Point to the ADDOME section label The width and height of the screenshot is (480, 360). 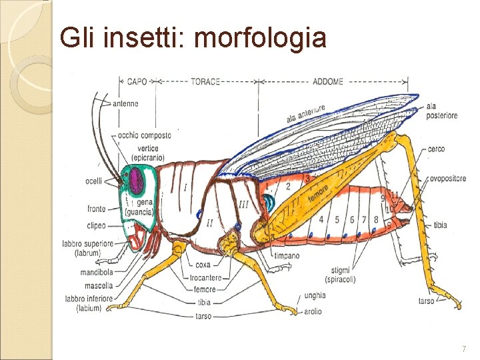(327, 81)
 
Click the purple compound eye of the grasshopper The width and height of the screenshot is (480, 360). (138, 180)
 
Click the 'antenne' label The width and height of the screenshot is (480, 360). (126, 103)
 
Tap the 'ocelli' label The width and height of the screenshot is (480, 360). (94, 181)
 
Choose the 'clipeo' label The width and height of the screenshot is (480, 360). (97, 225)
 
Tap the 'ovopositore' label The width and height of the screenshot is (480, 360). (447, 178)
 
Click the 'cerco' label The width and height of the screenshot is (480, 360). (437, 149)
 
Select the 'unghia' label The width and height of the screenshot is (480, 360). (314, 295)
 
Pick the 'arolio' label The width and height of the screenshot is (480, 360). (312, 311)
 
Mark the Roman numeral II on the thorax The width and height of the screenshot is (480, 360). (209, 222)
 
